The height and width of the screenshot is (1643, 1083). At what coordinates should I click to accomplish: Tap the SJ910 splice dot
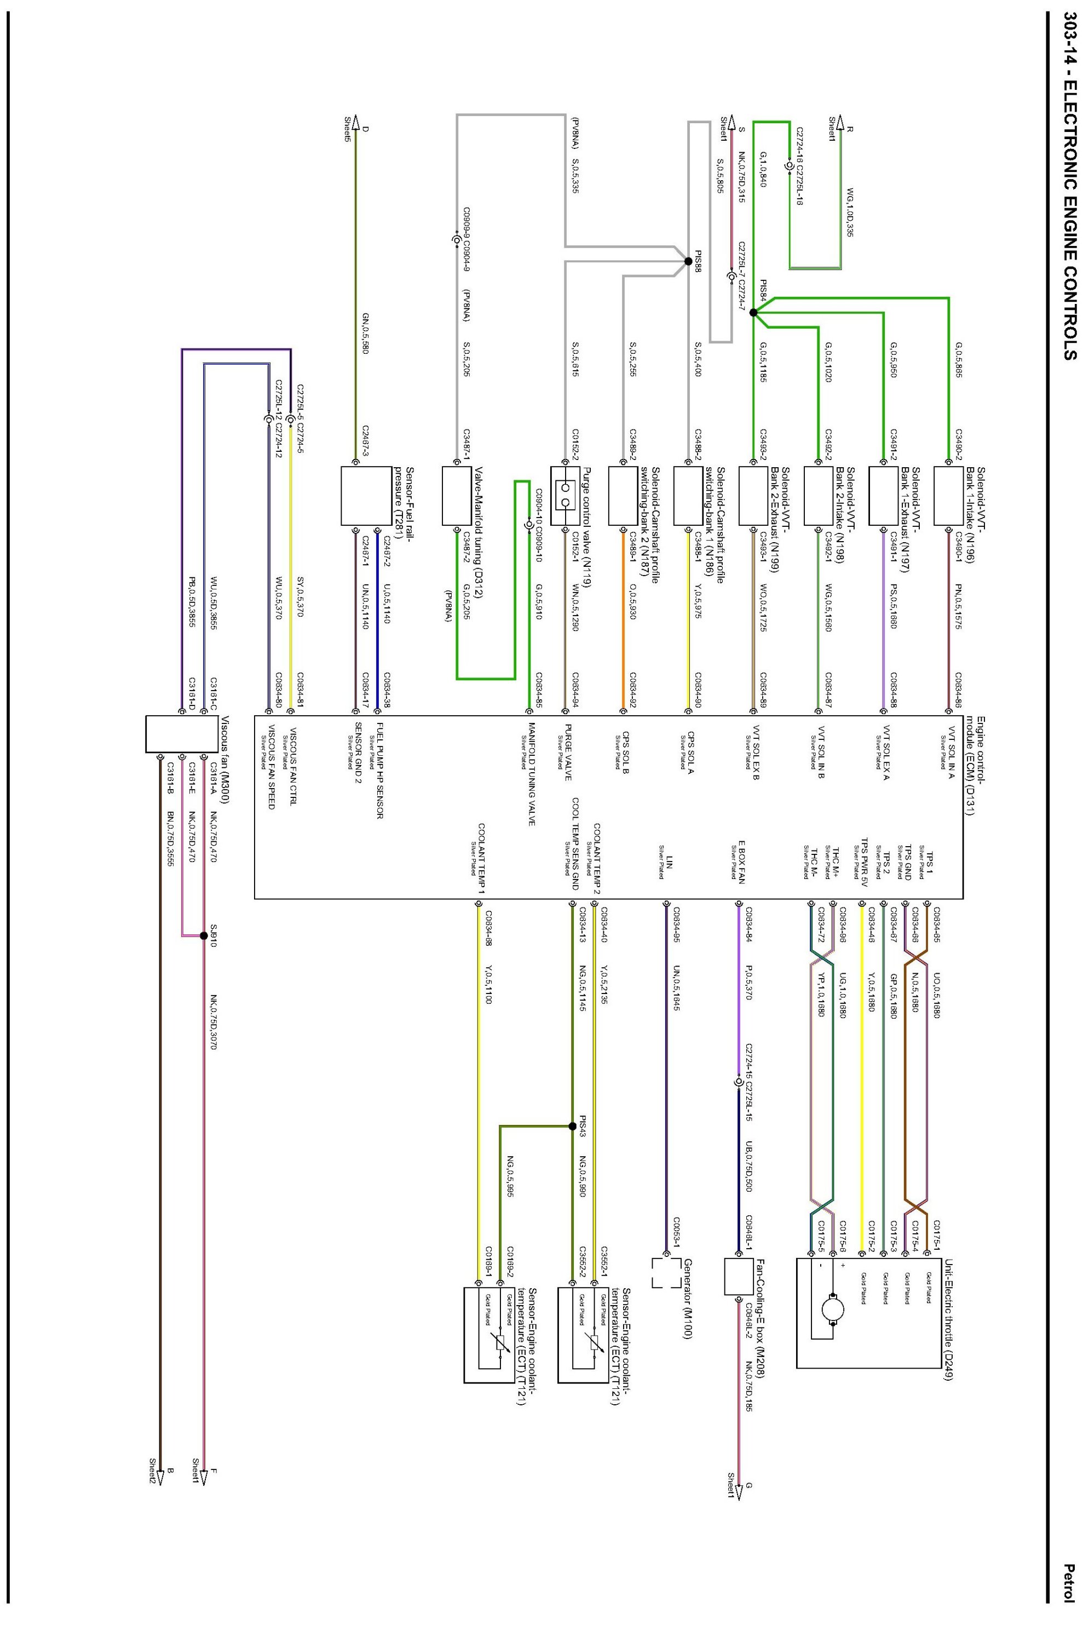click(203, 935)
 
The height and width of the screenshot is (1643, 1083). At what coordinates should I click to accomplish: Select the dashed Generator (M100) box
click(666, 1273)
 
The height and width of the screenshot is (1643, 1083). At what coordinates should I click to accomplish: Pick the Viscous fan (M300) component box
click(172, 734)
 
